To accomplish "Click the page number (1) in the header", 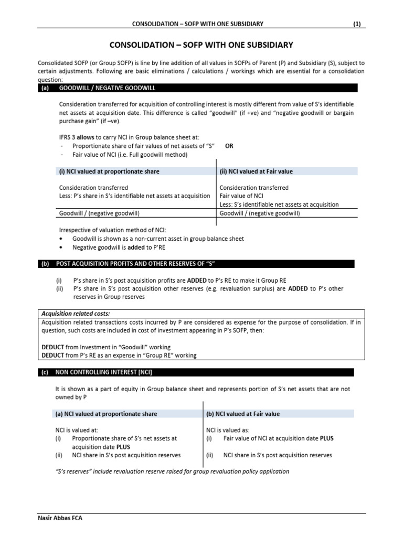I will click(x=357, y=24).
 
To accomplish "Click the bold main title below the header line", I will click(x=201, y=45).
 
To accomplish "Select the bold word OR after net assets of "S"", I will click(x=229, y=146).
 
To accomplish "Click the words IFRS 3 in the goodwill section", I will click(x=67, y=137).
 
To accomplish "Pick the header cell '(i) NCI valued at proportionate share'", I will click(x=109, y=171).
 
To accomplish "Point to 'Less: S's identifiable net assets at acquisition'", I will click(x=279, y=205).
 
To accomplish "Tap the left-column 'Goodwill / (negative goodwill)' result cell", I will click(x=99, y=213).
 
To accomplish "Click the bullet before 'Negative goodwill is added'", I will click(x=62, y=247).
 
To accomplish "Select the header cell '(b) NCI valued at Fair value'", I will click(x=242, y=414).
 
